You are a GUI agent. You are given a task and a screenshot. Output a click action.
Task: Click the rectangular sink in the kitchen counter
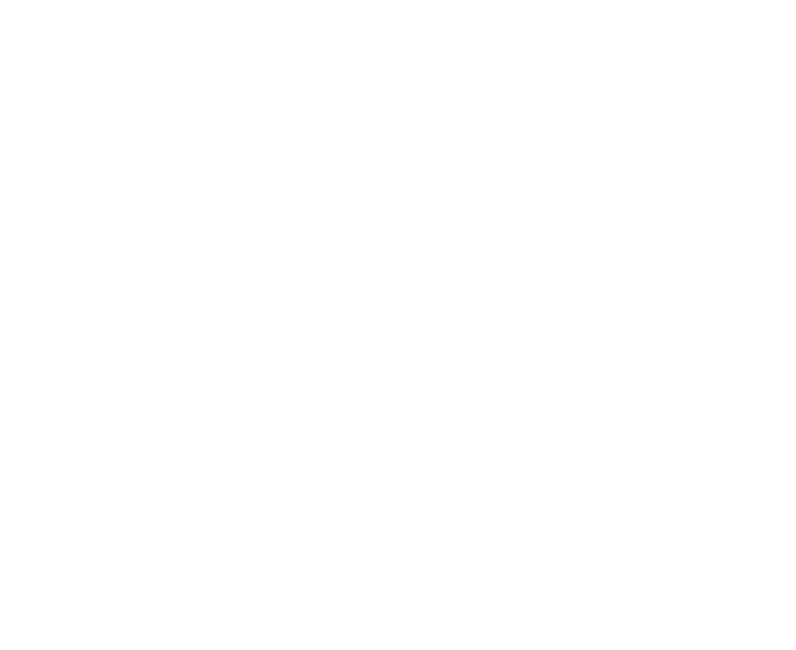294,472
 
